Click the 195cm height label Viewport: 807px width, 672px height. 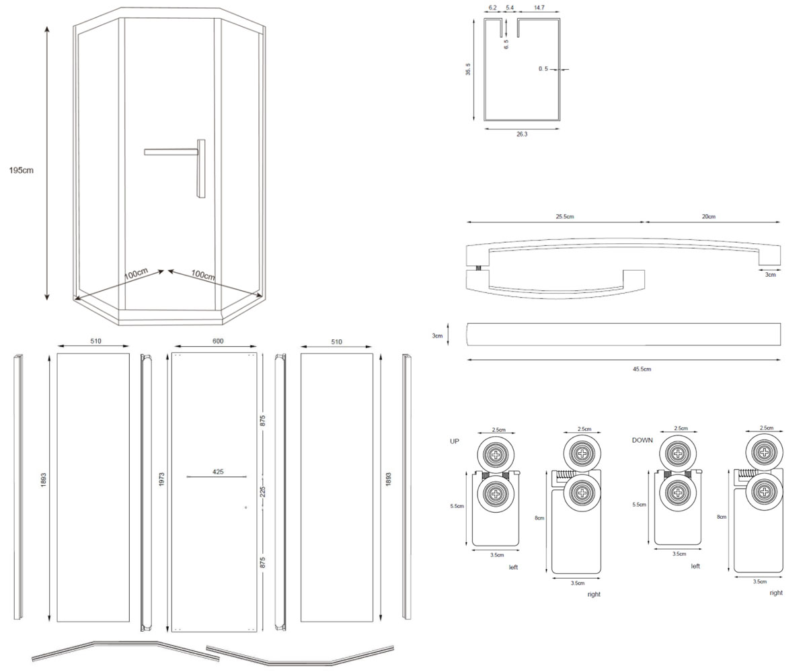point(22,170)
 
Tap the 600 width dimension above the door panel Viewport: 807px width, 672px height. point(218,341)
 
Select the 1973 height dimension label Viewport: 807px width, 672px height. point(161,479)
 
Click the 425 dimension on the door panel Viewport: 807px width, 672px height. point(218,472)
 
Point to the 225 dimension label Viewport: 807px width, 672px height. point(263,492)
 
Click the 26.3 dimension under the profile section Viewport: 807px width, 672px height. point(522,134)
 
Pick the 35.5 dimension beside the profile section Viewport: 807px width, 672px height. point(468,69)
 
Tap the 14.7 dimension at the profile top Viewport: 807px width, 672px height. point(539,7)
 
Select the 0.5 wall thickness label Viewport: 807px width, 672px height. point(543,69)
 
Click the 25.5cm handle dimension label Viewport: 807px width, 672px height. point(565,216)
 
